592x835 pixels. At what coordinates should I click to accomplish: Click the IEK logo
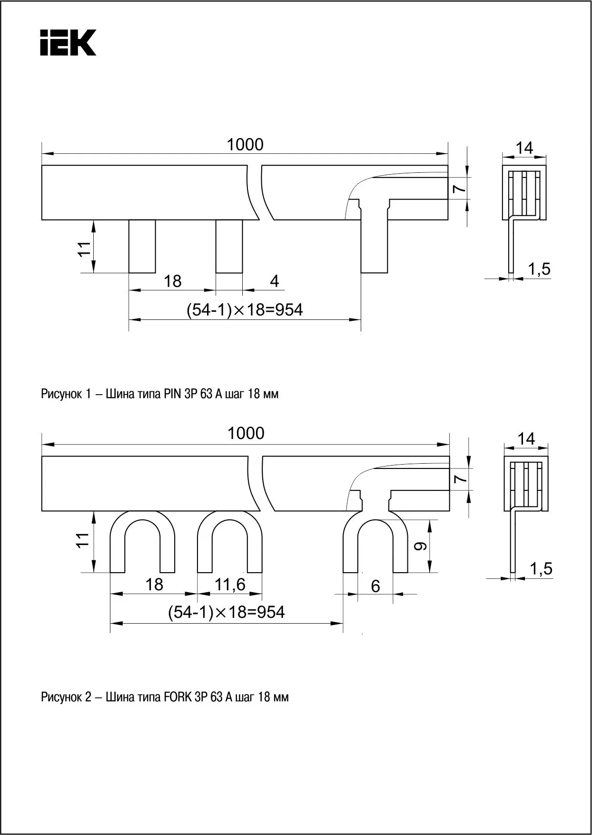pyautogui.click(x=68, y=43)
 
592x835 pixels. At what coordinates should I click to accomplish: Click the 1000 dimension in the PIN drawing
pyautogui.click(x=245, y=144)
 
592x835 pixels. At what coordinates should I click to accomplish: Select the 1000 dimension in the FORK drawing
pyautogui.click(x=246, y=433)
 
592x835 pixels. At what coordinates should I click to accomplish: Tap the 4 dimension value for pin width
pyautogui.click(x=274, y=281)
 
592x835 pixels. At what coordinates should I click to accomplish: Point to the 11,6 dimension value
pyautogui.click(x=230, y=584)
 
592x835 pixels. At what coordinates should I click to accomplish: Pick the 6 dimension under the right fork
pyautogui.click(x=375, y=586)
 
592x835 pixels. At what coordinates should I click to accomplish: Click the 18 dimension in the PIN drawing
pyautogui.click(x=172, y=281)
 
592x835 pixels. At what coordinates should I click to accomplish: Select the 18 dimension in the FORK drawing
pyautogui.click(x=154, y=584)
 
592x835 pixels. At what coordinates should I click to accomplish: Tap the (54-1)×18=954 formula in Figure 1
pyautogui.click(x=245, y=310)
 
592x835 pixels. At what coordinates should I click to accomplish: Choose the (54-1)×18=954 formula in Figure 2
pyautogui.click(x=227, y=612)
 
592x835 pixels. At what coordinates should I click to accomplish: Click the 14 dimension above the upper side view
pyautogui.click(x=524, y=148)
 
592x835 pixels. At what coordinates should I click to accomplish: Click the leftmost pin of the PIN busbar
pyautogui.click(x=142, y=246)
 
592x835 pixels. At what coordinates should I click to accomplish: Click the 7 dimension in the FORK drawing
pyautogui.click(x=459, y=479)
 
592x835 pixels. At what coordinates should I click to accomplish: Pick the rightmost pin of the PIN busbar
pyautogui.click(x=374, y=246)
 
